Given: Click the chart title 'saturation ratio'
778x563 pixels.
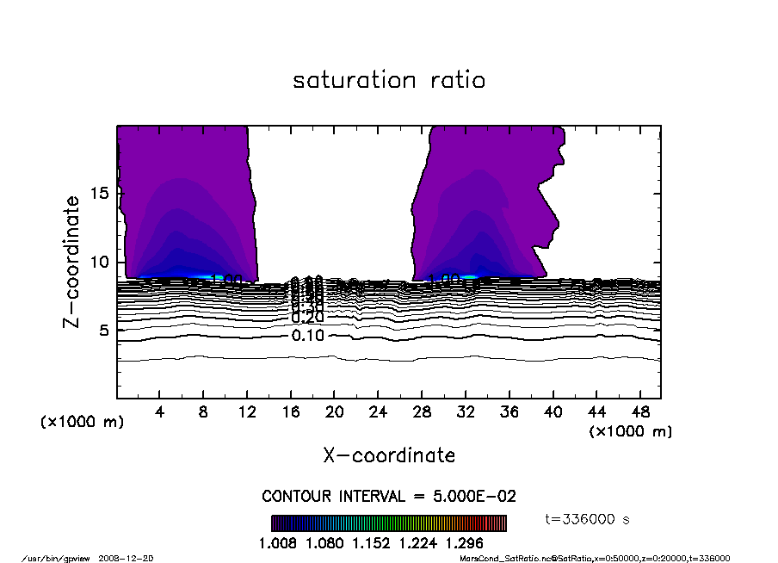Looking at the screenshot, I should click(x=389, y=81).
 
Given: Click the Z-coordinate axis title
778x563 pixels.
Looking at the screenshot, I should click(x=72, y=262).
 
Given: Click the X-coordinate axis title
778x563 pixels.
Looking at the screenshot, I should click(x=389, y=455).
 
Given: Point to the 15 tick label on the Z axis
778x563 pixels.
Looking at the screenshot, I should click(x=99, y=194).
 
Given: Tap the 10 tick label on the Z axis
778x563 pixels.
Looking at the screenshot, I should click(x=99, y=262).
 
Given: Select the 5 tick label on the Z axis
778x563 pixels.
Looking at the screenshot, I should click(x=104, y=331).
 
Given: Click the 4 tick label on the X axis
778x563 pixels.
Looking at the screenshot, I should click(x=159, y=412).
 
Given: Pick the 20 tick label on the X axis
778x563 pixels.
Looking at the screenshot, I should click(x=335, y=412).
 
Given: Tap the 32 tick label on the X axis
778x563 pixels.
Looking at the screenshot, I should click(x=466, y=412).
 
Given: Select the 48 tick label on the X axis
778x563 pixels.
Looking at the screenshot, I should click(x=639, y=412).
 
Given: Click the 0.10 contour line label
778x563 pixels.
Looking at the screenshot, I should click(x=307, y=336).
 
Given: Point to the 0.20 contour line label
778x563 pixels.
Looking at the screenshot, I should click(x=307, y=318).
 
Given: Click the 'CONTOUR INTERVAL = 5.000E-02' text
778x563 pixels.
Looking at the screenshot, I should click(x=389, y=497).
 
